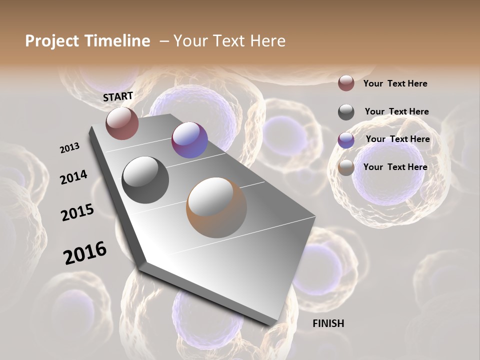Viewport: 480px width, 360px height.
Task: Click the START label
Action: coord(118,96)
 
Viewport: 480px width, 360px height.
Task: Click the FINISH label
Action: coord(328,323)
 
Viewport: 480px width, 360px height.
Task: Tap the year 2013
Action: coord(69,148)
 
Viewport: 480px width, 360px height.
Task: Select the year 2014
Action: coord(73,177)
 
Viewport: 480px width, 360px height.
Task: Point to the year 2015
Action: coord(77,212)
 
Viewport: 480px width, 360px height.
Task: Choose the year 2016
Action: coord(85,253)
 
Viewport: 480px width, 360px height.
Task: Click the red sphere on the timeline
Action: coord(122,123)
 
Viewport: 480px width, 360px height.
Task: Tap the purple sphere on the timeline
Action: coord(189,140)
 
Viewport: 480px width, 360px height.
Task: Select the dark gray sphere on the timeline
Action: coord(145,179)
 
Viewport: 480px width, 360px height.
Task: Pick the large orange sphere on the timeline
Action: coord(216,207)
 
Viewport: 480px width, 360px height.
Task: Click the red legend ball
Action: coord(346,83)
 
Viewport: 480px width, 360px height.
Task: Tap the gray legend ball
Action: coord(346,111)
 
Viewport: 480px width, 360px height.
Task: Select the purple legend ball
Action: coord(346,140)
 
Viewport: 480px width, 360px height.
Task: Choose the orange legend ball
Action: coord(346,168)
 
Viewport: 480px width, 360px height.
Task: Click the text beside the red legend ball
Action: coord(395,83)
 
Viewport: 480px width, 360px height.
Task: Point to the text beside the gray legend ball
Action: coord(396,111)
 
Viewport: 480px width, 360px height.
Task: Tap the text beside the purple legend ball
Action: coord(397,139)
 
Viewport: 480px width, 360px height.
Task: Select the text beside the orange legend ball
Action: coord(395,167)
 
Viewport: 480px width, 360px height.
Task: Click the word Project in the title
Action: coord(52,41)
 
